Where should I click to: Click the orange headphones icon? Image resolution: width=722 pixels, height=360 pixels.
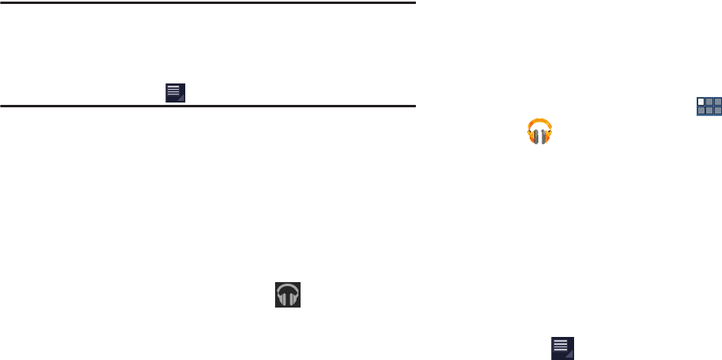[540, 131]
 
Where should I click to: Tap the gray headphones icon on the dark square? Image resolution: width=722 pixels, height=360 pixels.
[289, 294]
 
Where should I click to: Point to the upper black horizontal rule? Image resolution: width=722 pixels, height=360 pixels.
[208, 2]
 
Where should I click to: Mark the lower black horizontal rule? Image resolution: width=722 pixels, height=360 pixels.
[208, 105]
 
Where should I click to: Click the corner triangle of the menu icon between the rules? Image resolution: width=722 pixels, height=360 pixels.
[182, 99]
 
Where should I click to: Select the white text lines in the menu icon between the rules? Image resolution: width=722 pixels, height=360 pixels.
[173, 89]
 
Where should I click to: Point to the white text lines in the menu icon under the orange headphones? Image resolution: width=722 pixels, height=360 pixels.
[561, 345]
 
